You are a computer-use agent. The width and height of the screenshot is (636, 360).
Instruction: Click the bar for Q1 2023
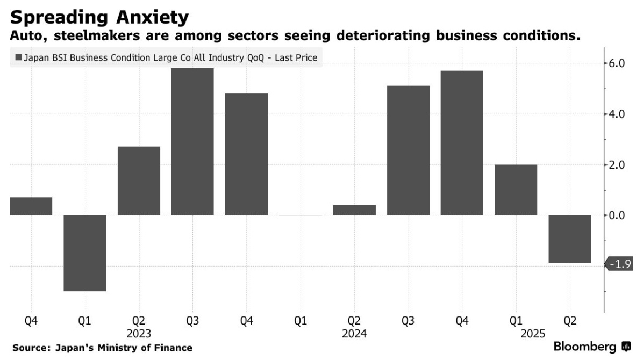85,253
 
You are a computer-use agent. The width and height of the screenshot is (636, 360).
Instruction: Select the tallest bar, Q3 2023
192,142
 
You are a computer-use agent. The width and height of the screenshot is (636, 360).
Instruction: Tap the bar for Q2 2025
569,239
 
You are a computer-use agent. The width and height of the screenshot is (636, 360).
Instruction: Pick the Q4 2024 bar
462,143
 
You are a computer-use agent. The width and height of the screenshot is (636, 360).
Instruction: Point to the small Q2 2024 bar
354,210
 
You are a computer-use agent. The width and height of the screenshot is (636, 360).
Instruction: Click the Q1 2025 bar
516,190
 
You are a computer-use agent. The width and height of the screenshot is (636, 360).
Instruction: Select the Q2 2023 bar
139,181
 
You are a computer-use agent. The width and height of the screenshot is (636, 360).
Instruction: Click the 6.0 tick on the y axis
616,63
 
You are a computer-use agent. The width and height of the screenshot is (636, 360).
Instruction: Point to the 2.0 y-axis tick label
616,165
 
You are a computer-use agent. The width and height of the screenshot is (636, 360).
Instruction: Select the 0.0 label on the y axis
616,215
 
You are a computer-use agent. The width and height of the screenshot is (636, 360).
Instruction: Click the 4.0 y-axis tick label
616,114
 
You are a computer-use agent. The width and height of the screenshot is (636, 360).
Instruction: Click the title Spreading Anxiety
100,17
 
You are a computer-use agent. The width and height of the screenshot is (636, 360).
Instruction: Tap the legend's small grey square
19,57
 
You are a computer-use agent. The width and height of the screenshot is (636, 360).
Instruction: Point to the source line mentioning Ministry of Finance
102,348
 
